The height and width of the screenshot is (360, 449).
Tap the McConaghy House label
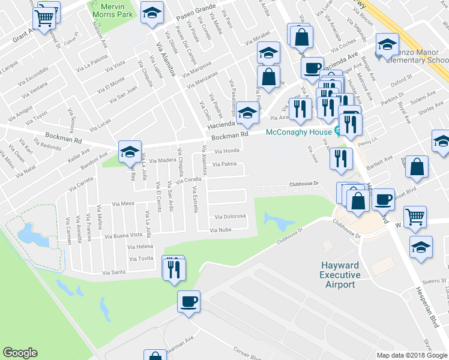tap(299, 132)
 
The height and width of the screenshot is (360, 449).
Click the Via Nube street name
tap(220, 230)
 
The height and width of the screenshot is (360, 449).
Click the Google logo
tap(20, 353)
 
